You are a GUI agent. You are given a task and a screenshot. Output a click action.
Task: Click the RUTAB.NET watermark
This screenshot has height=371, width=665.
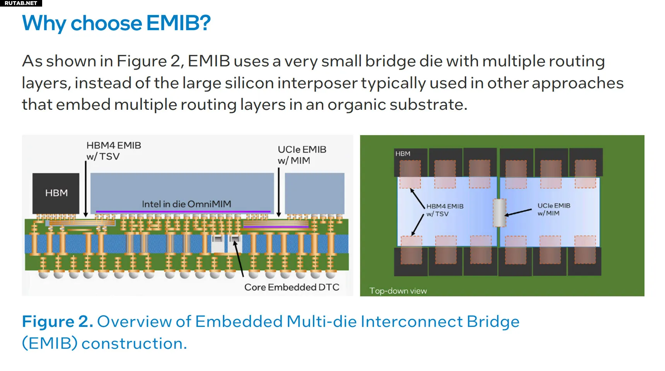click(21, 3)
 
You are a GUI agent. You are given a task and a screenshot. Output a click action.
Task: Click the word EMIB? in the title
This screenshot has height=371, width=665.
click(178, 23)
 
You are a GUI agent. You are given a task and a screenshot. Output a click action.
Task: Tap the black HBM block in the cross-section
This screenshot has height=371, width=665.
click(56, 193)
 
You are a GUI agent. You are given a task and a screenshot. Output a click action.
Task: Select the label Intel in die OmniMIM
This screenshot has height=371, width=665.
click(186, 204)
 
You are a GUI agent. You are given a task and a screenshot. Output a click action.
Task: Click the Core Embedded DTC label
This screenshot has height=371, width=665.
click(292, 287)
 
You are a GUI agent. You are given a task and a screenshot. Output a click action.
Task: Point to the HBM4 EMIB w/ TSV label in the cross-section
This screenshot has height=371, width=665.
click(114, 151)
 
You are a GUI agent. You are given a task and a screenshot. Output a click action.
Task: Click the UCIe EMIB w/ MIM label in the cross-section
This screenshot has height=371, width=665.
click(302, 155)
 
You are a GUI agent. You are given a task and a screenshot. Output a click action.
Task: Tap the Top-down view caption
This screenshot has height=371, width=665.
click(398, 291)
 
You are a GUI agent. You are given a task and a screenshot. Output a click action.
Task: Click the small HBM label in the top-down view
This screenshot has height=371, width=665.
click(402, 153)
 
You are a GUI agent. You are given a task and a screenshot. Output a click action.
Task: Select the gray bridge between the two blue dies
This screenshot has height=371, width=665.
click(499, 213)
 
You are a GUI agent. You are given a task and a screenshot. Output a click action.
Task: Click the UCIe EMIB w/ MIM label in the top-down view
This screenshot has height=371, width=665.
click(554, 209)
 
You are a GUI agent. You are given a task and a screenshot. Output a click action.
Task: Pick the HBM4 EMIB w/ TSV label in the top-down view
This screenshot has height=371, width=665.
click(445, 210)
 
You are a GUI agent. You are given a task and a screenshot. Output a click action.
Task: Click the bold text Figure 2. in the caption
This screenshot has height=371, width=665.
click(57, 322)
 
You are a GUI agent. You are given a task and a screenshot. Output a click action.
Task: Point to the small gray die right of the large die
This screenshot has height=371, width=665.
click(314, 193)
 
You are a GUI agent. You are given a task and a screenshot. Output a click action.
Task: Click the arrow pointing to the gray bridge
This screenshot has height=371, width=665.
click(518, 213)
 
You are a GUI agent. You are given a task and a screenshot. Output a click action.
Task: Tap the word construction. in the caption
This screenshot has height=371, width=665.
click(134, 343)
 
